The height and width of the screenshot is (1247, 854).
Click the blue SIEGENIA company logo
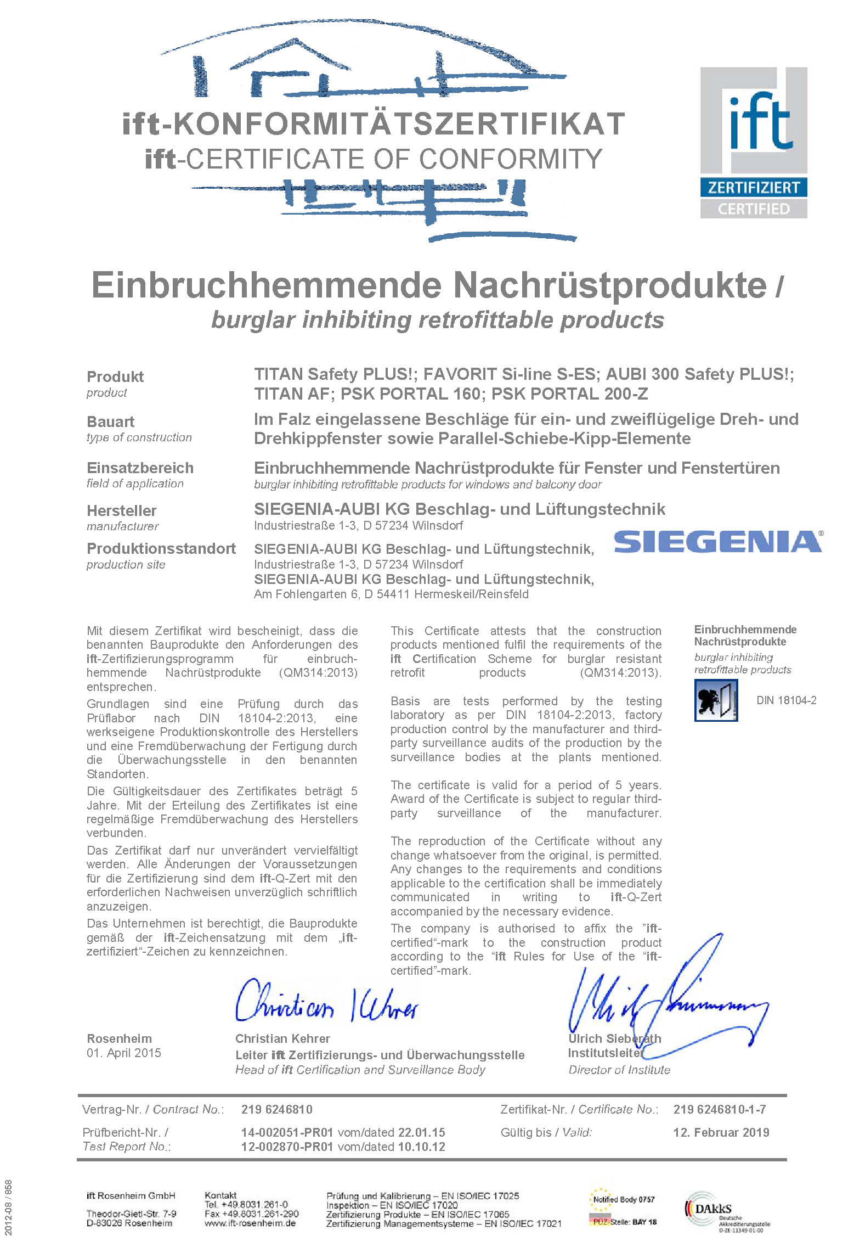(717, 542)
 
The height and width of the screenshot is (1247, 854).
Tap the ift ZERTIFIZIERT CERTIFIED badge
(753, 143)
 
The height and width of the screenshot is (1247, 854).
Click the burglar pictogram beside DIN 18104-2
(716, 700)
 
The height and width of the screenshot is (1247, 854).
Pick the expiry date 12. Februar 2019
(721, 1132)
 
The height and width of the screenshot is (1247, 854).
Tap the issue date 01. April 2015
(124, 1053)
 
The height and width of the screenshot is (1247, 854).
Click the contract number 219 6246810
(276, 1109)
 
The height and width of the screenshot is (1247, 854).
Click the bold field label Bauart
(110, 422)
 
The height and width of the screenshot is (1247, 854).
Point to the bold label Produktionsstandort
(161, 548)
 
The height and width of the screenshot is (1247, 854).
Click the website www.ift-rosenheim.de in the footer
(250, 1223)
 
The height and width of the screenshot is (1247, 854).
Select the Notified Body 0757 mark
(624, 1199)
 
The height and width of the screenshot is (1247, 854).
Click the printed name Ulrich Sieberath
(614, 1038)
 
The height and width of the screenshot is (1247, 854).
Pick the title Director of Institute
(619, 1069)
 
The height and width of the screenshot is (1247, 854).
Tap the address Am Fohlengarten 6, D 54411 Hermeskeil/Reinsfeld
(391, 594)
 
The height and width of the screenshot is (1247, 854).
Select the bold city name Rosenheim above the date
(119, 1038)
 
